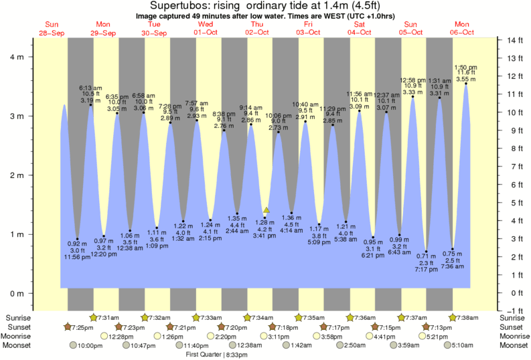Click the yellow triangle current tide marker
coord(267,210)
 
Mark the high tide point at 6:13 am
coord(91,105)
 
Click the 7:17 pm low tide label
coord(426,269)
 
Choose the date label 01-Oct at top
coord(205,33)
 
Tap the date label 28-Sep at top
coord(52,33)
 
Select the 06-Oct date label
coord(462,33)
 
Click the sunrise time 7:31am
coord(108,317)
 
